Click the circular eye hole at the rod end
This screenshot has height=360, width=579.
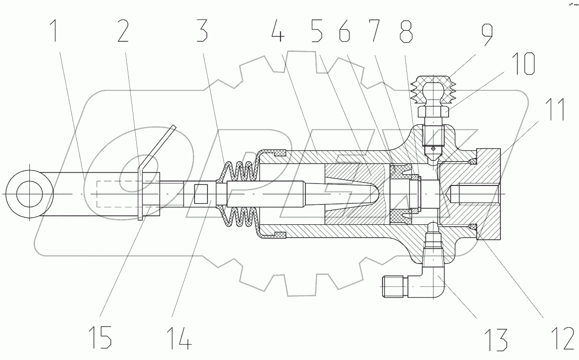(28, 193)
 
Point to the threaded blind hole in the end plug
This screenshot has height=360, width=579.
(478, 193)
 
